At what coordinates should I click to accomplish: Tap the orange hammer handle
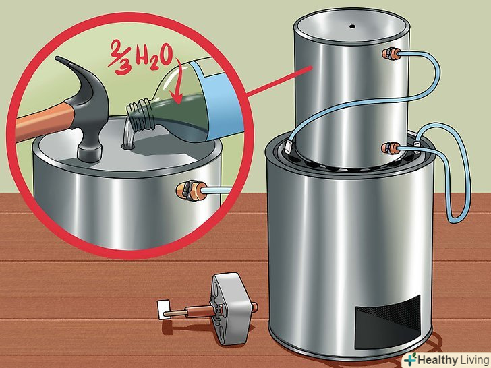click(44, 121)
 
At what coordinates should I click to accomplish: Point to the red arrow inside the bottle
click(177, 82)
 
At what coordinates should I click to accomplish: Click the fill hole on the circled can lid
click(128, 146)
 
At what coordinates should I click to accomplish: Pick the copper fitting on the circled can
click(190, 190)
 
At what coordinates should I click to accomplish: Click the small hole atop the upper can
click(352, 26)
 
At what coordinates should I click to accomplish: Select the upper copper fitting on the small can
click(392, 54)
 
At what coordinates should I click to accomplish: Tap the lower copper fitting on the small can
click(391, 148)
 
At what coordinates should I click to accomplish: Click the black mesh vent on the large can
click(388, 321)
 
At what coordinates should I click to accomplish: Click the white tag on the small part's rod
click(164, 310)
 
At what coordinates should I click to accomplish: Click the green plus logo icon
click(410, 359)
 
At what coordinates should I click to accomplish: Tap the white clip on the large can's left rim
click(289, 146)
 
